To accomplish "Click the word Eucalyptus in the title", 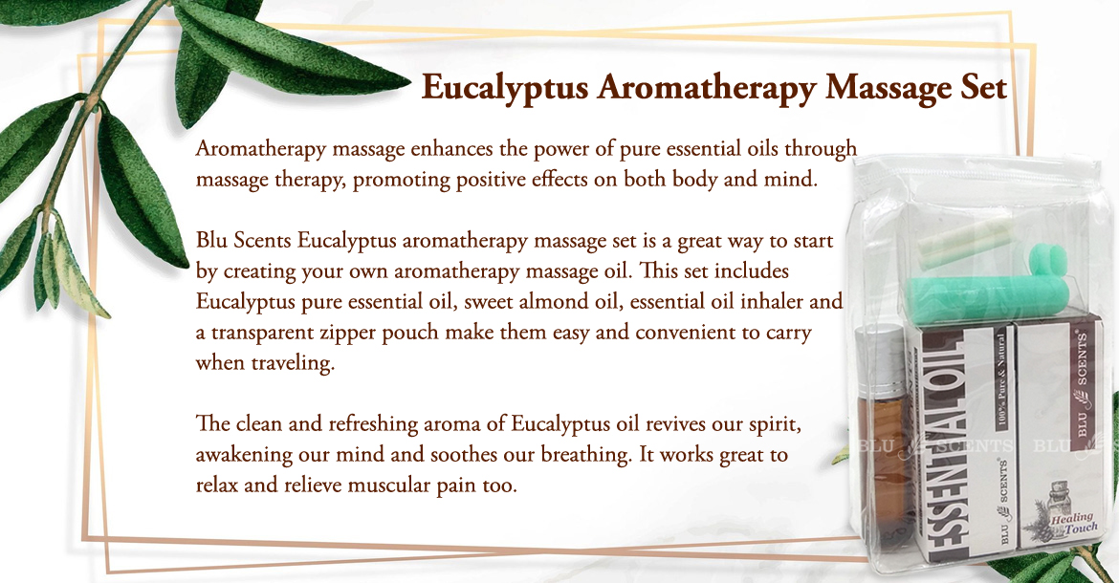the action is [x=505, y=88].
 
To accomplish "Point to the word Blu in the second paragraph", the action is [x=212, y=240].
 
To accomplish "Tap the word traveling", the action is [x=293, y=363].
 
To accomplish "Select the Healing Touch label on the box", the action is [x=1073, y=523].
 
